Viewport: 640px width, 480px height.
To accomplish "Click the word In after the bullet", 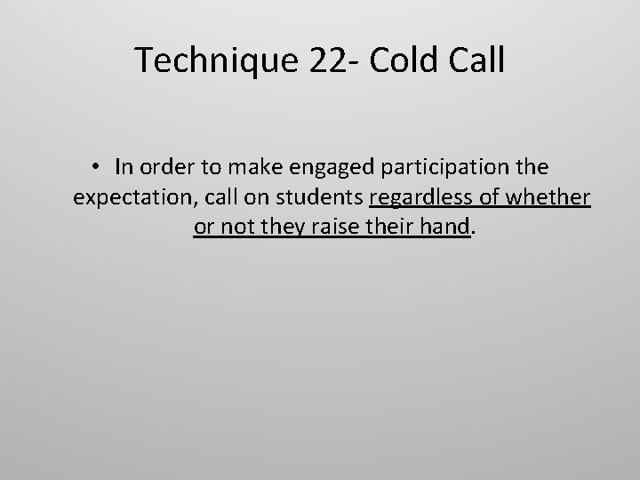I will click(124, 167).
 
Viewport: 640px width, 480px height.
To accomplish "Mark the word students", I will click(324, 197).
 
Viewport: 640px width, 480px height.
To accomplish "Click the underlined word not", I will click(233, 228).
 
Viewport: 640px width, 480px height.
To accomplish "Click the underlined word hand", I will click(446, 228).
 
